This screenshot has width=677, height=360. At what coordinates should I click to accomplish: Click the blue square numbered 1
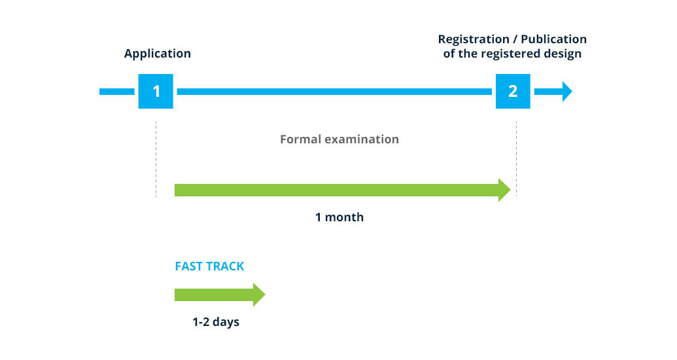click(x=156, y=91)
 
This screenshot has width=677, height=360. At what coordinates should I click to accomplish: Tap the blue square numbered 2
click(x=513, y=91)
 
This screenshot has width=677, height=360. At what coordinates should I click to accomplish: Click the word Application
click(x=157, y=54)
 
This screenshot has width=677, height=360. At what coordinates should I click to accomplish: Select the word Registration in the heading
click(x=474, y=39)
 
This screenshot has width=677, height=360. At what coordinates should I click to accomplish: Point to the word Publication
click(x=553, y=39)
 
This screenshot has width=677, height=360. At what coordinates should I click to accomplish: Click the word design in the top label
click(x=563, y=54)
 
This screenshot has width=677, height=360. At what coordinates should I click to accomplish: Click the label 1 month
click(x=339, y=217)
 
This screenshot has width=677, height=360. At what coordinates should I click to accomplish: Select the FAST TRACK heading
click(x=209, y=266)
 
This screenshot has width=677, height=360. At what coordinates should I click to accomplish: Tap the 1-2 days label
click(x=216, y=322)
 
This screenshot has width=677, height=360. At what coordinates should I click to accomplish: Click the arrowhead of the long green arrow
click(x=504, y=190)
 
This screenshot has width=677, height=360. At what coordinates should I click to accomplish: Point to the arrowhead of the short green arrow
click(x=259, y=295)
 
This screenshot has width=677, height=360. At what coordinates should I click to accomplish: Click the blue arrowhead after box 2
click(x=567, y=91)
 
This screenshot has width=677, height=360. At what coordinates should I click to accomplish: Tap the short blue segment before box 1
click(x=117, y=92)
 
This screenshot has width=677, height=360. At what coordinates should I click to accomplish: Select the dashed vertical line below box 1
click(x=156, y=160)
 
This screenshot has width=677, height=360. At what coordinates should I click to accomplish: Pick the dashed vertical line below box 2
click(x=516, y=160)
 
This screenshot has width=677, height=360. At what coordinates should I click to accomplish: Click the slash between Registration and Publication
click(x=515, y=39)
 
